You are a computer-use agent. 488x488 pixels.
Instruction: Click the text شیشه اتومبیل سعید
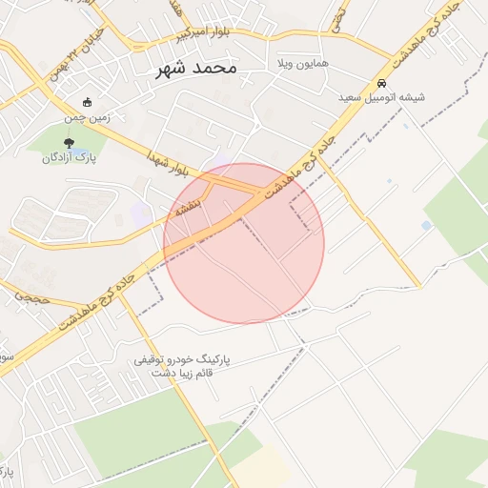click(x=380, y=97)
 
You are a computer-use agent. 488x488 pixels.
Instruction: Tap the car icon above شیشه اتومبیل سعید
click(x=381, y=83)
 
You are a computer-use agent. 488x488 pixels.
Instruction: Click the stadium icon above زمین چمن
click(x=88, y=102)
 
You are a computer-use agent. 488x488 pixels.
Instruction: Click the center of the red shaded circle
click(x=244, y=243)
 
